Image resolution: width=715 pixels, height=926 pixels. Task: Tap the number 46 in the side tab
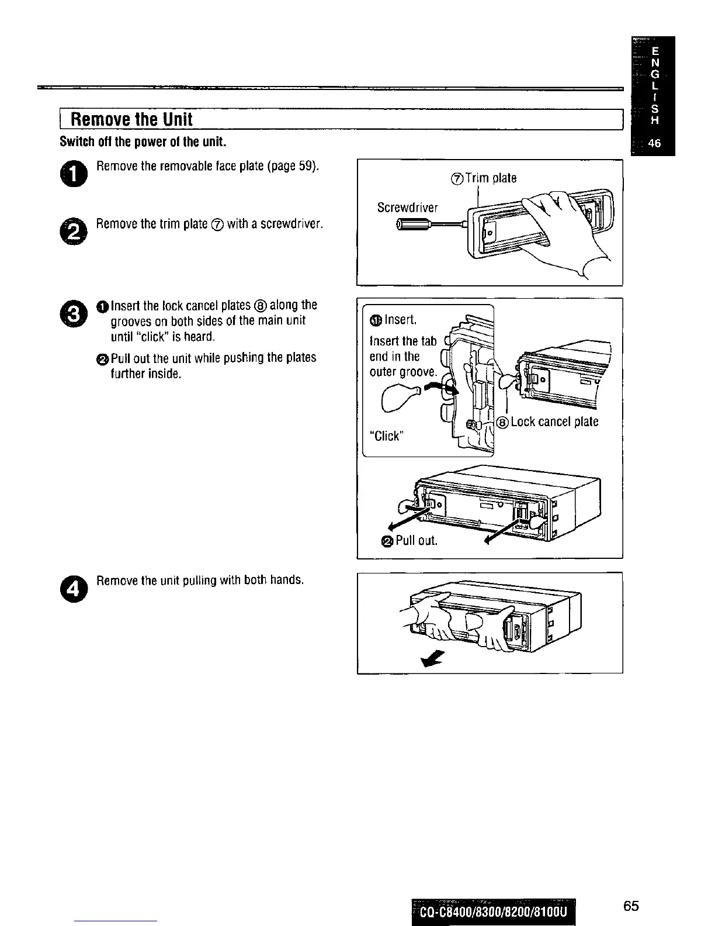tap(654, 144)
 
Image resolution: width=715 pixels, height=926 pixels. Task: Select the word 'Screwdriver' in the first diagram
tap(407, 208)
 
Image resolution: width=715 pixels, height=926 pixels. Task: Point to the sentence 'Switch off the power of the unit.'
tap(143, 142)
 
